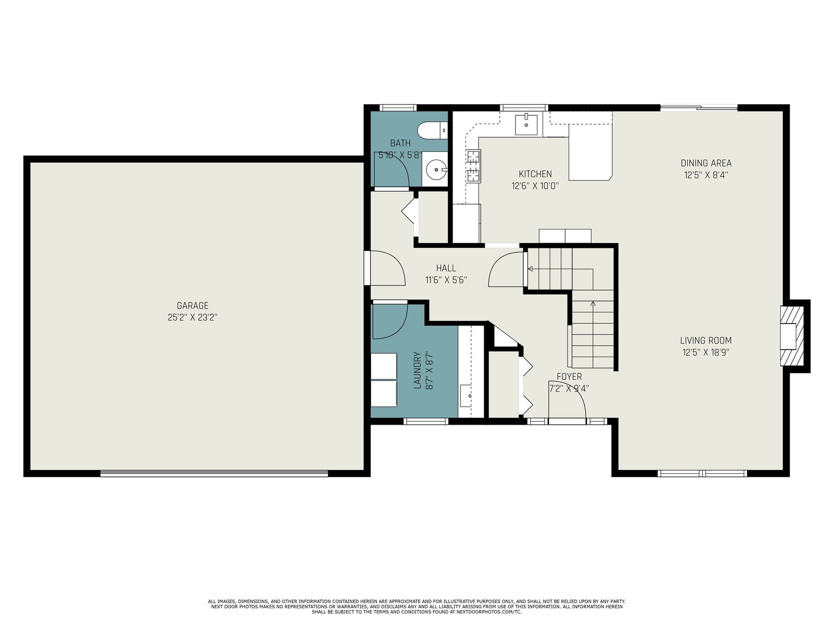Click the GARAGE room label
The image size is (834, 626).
(193, 306)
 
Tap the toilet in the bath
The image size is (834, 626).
(433, 130)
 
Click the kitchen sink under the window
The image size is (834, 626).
(526, 124)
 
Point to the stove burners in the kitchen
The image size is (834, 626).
(474, 166)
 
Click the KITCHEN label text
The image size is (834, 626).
(535, 174)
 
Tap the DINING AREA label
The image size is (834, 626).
(706, 163)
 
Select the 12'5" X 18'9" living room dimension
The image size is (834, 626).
(706, 352)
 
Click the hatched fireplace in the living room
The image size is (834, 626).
(792, 335)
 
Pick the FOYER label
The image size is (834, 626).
(569, 377)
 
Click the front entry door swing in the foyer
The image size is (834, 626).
(567, 400)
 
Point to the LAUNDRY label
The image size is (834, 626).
(418, 370)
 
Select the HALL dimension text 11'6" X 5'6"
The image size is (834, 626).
(446, 281)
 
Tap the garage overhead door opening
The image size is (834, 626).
(214, 473)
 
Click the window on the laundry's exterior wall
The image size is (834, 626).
(425, 421)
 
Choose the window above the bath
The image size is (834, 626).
(398, 108)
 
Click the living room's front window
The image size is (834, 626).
(702, 473)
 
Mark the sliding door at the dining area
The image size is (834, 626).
(698, 107)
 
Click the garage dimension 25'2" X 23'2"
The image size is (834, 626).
(193, 317)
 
